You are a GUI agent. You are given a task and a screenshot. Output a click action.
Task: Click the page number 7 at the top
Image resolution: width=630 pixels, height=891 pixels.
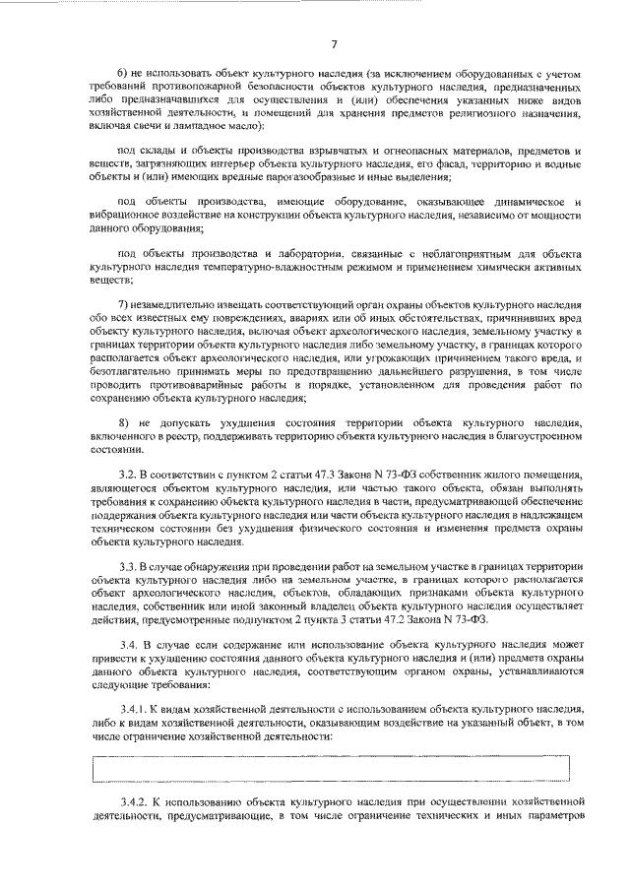click(x=335, y=43)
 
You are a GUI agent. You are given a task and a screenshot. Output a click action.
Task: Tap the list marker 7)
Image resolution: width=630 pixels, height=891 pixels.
click(x=122, y=304)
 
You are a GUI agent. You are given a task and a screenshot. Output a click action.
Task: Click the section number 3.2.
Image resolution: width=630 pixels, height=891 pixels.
click(x=126, y=475)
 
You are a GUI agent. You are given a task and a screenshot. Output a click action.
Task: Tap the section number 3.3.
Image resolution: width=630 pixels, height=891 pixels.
click(x=126, y=568)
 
